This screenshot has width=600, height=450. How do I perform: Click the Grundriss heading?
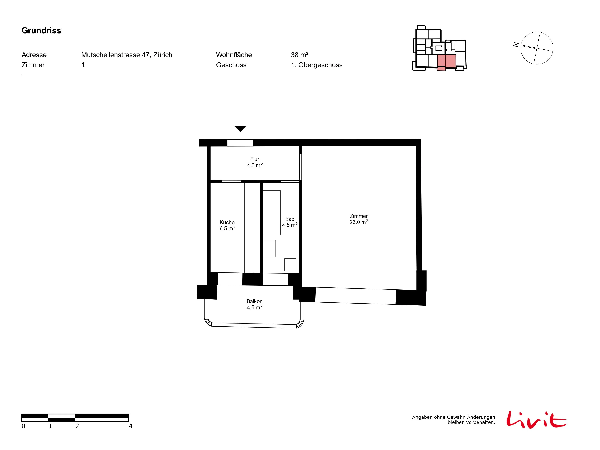[x=41, y=31]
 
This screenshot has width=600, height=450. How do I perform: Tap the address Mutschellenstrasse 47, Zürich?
[x=127, y=55]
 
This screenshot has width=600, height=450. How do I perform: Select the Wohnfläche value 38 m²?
[x=299, y=55]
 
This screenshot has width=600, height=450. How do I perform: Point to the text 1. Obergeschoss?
[x=317, y=65]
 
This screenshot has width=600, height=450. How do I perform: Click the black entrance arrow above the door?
[x=240, y=129]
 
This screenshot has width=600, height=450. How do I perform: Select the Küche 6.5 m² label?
[x=227, y=225]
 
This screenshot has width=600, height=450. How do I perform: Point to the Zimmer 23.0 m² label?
[x=359, y=219]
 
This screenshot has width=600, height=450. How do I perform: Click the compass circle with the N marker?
[x=537, y=48]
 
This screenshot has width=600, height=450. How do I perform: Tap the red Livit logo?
[x=536, y=419]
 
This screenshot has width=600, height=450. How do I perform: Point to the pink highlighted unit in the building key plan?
[x=446, y=62]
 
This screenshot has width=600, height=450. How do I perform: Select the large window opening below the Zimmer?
[x=355, y=296]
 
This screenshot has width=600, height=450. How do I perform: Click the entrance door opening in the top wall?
[x=240, y=143]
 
